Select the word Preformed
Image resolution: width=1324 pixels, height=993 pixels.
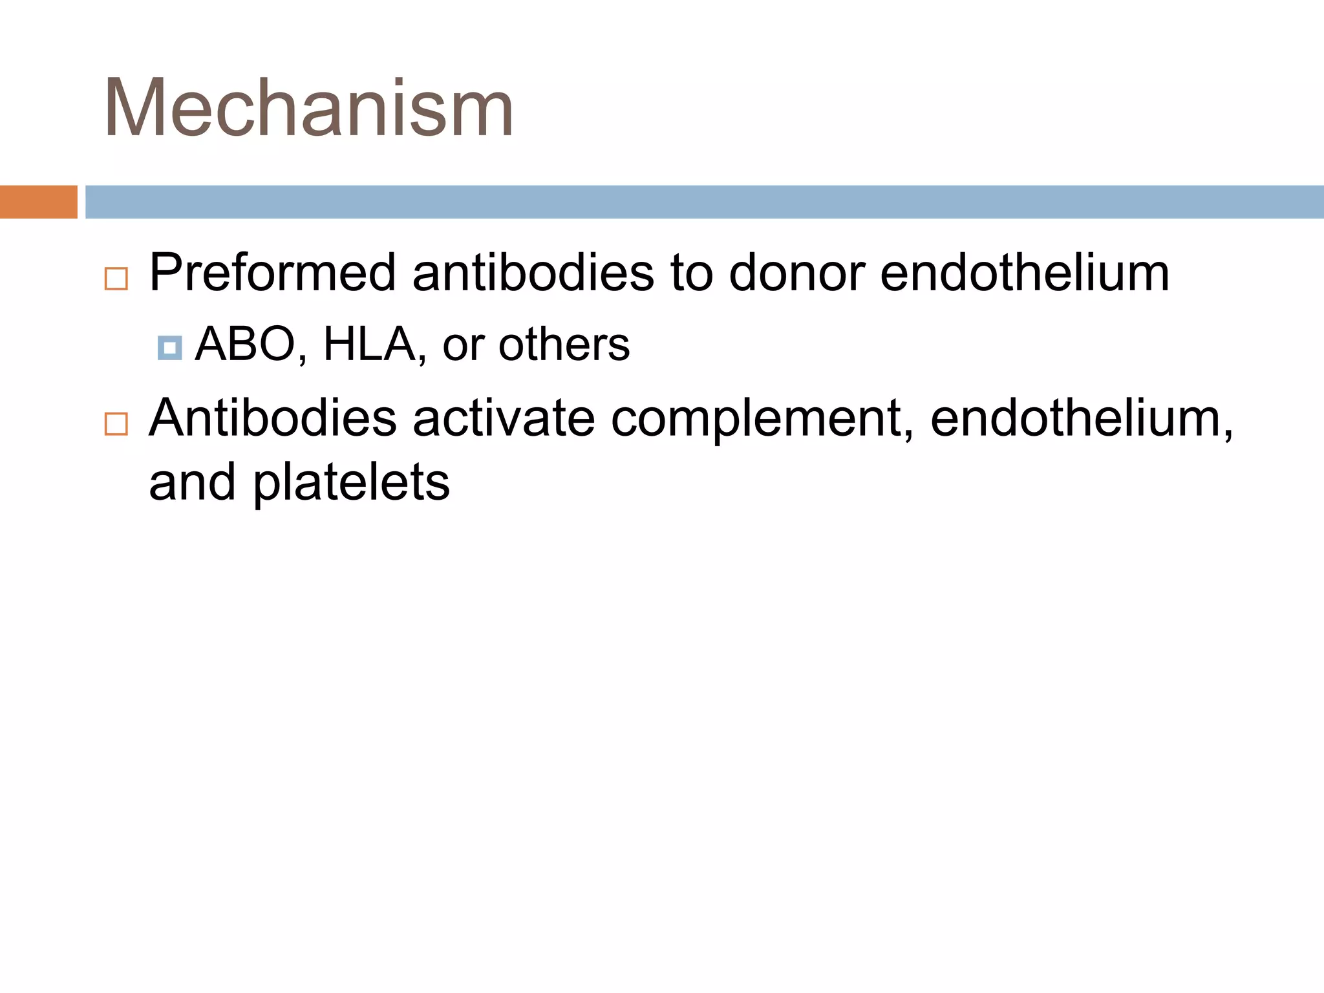[x=272, y=273]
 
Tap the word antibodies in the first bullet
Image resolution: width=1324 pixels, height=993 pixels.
[x=533, y=273]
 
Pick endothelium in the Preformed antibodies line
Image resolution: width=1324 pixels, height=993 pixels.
[x=1025, y=273]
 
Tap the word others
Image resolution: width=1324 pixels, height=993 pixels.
[x=564, y=345]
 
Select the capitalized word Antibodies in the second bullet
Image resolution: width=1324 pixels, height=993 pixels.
[x=272, y=418]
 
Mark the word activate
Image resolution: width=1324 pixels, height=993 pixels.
[x=504, y=418]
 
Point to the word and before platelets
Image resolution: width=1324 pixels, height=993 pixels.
[x=192, y=482]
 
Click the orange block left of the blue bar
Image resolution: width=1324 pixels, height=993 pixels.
[x=38, y=202]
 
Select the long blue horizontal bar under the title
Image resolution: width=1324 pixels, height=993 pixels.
[x=704, y=202]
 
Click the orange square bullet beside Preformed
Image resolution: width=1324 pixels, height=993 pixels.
[x=116, y=279]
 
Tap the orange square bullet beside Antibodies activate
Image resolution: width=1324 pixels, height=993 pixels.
[x=116, y=425]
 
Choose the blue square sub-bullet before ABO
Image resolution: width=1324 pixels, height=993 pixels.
[x=169, y=348]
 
